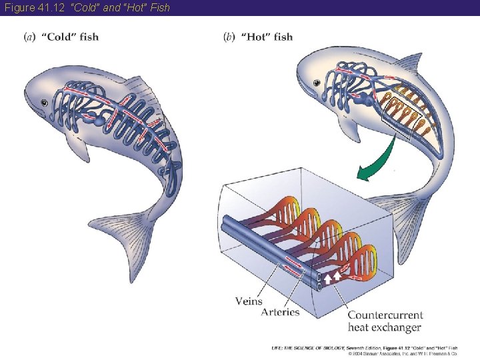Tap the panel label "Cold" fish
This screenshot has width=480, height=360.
click(x=71, y=37)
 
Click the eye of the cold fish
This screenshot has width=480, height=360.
click(x=43, y=103)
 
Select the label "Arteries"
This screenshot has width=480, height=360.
click(x=280, y=312)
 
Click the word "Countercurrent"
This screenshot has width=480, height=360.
click(x=385, y=315)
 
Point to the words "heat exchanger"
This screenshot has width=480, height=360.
click(x=385, y=327)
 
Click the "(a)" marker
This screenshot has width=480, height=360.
click(x=30, y=37)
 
